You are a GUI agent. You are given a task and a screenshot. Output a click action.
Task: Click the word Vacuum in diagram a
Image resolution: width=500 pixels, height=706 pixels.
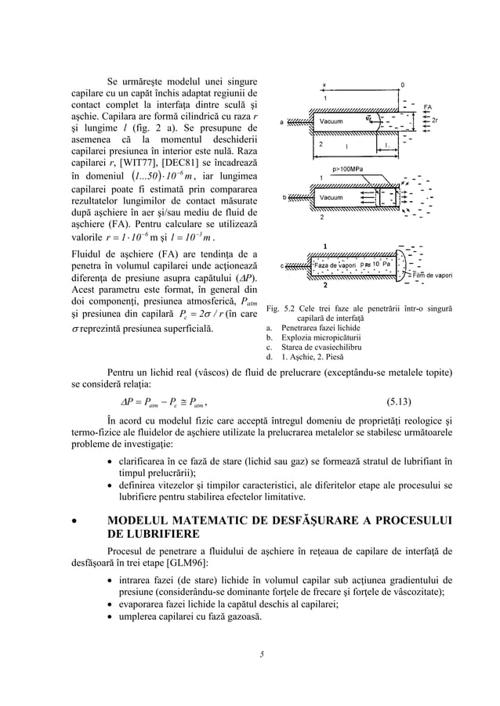332,121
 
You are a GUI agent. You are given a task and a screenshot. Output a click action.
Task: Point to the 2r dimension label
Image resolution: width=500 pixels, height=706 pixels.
435,121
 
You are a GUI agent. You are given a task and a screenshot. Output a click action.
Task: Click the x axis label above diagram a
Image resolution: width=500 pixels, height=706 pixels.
324,84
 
